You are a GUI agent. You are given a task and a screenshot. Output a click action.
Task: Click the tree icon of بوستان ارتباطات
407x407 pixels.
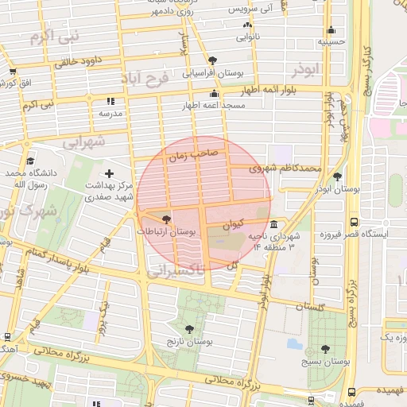click(x=166, y=219)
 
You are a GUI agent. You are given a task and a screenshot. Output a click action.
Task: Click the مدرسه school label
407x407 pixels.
click(x=110, y=114)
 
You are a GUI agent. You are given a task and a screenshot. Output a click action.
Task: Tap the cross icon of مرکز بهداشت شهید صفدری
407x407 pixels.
click(x=110, y=173)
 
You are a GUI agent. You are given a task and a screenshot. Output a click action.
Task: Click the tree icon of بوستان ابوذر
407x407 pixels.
click(x=339, y=177)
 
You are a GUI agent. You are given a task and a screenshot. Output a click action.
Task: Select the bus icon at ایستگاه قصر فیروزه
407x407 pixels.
click(x=353, y=223)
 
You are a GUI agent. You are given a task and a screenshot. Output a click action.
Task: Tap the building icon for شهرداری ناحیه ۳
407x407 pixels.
click(x=273, y=224)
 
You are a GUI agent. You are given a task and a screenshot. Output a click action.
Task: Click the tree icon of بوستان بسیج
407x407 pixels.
click(x=325, y=349)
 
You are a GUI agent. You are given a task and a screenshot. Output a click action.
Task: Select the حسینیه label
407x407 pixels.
click(x=330, y=41)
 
